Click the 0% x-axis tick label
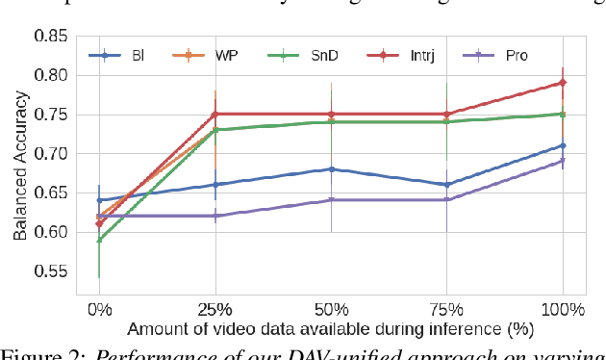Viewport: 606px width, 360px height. click(99, 310)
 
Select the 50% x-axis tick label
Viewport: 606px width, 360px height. click(331, 310)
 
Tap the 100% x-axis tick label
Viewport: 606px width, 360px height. click(563, 310)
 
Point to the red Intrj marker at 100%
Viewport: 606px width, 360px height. click(563, 83)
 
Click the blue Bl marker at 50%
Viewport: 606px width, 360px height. click(331, 169)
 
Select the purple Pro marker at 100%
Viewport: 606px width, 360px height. click(563, 161)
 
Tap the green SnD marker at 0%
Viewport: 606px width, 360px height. click(99, 240)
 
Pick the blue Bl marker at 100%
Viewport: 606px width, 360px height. click(563, 145)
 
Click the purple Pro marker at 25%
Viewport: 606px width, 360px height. click(215, 216)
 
